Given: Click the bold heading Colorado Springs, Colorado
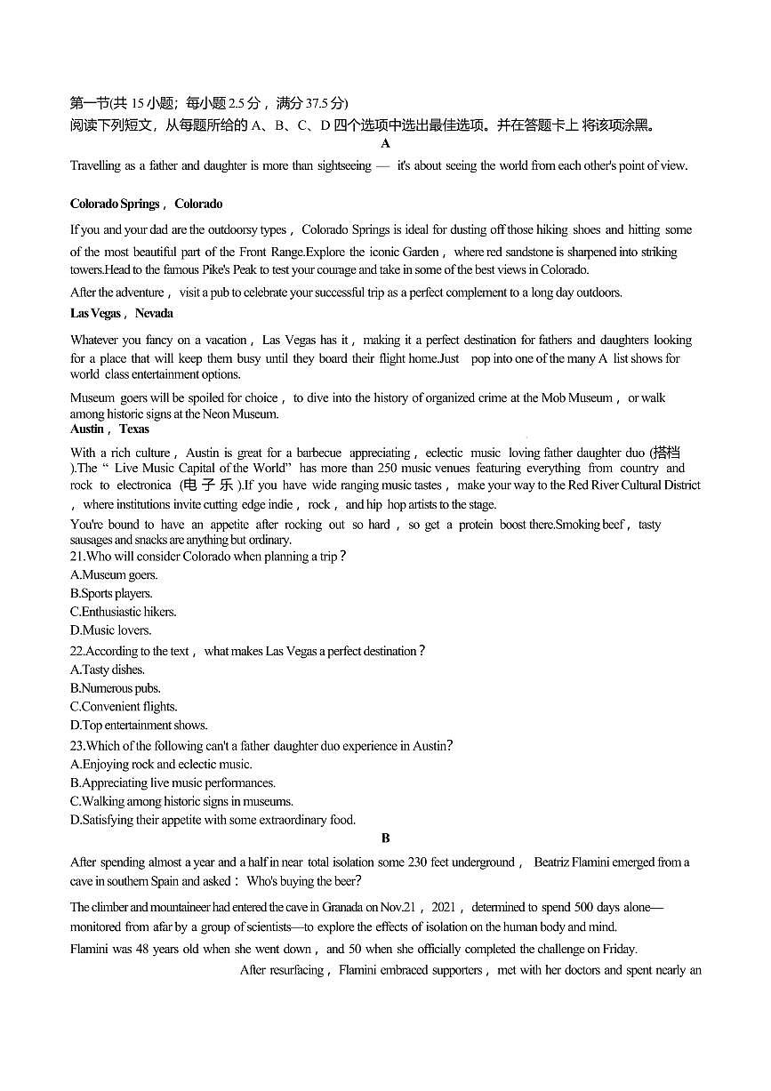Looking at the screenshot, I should pyautogui.click(x=146, y=205).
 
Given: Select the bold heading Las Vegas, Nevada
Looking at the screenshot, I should pyautogui.click(x=122, y=313).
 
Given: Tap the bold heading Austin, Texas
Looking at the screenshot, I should pyautogui.click(x=109, y=429).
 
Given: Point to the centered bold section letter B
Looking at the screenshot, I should pyautogui.click(x=386, y=838).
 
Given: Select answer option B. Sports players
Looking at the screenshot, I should pyautogui.click(x=111, y=593).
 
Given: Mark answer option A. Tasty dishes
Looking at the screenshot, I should pyautogui.click(x=107, y=670).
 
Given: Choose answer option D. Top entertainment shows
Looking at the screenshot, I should pyautogui.click(x=139, y=726).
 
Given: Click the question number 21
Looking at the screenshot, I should pyautogui.click(x=77, y=557).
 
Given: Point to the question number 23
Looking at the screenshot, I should pyautogui.click(x=77, y=746).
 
